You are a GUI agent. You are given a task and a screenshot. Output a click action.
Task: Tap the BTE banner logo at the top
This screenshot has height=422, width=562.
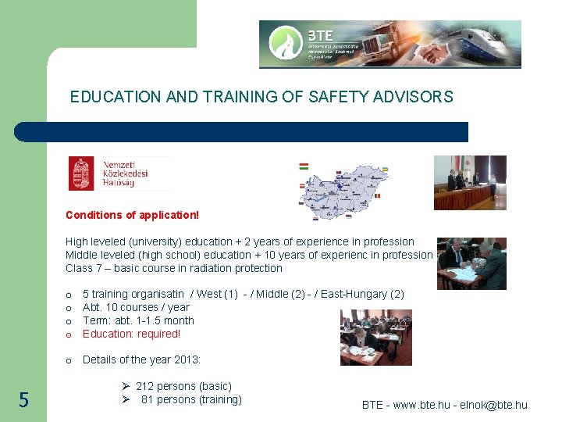point(389,44)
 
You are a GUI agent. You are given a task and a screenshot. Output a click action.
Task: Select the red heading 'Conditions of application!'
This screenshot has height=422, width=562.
point(132,214)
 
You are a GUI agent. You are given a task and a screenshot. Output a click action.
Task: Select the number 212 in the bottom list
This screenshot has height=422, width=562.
point(145,386)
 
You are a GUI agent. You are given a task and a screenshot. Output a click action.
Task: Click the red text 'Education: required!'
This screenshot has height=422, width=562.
point(131,334)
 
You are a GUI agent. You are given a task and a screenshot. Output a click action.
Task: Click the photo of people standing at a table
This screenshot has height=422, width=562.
point(470,182)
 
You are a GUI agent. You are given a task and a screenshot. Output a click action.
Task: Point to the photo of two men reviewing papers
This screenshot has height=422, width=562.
point(471,263)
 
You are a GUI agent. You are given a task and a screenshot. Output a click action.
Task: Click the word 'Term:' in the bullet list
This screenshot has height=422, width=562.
point(96,320)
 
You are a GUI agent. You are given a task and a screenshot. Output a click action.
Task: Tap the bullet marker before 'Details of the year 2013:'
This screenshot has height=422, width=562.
point(69,360)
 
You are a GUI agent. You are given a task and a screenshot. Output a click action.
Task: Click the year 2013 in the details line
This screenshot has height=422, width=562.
point(186,359)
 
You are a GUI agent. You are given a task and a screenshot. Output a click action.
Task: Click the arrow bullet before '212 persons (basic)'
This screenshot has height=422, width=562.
point(125,386)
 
